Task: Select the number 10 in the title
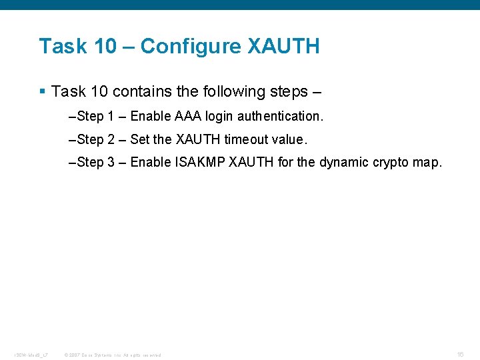[x=105, y=47]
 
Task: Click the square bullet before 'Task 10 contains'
[x=42, y=90]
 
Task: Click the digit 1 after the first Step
[x=111, y=117]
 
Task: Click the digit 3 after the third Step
[x=111, y=162]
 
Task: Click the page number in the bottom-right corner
[x=461, y=354]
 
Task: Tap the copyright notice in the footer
[x=112, y=355]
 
